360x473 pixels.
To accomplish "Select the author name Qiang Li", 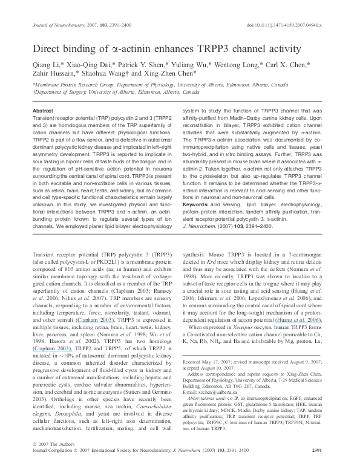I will pyautogui.click(x=46, y=64).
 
